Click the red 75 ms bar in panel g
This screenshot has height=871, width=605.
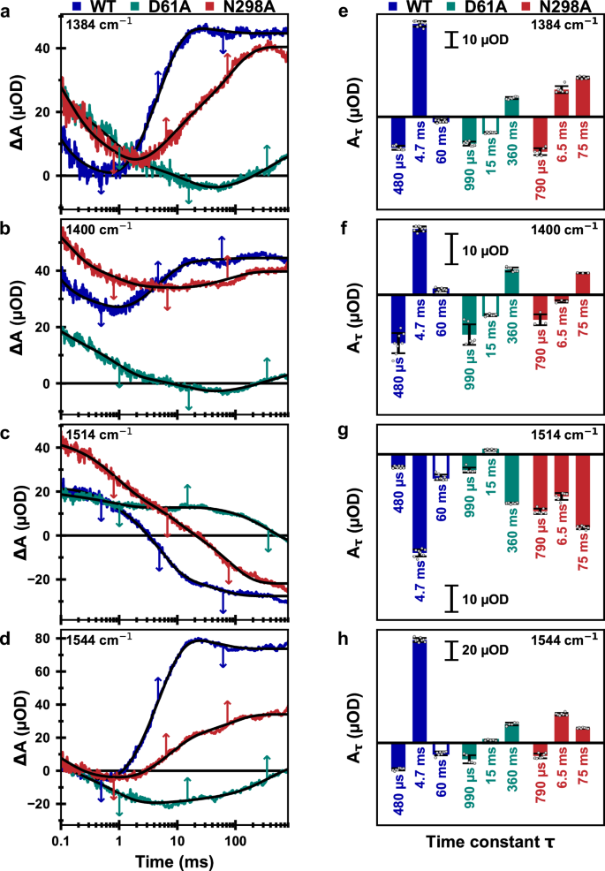(582, 491)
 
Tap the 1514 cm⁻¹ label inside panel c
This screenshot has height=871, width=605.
(100, 433)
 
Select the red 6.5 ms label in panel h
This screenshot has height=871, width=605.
(559, 784)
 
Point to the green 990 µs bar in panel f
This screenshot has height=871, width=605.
(469, 318)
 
